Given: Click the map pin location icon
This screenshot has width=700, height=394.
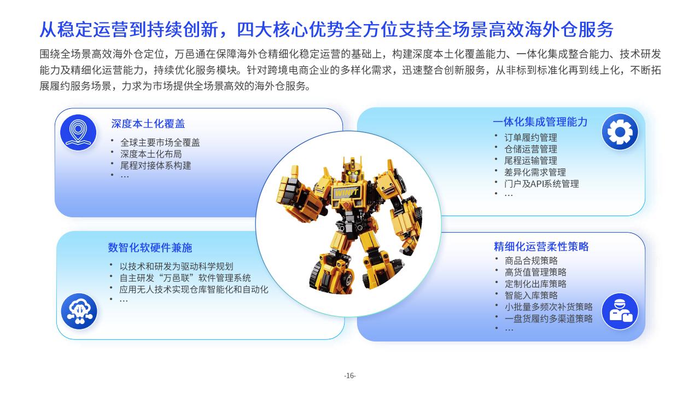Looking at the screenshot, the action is tap(78, 132).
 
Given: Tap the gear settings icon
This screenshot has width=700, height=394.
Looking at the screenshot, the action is tap(620, 132).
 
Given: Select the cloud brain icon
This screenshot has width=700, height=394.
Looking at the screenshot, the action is tap(79, 311).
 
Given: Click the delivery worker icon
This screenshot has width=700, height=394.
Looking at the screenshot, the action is tap(620, 311).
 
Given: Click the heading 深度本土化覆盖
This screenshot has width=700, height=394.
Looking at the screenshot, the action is tap(148, 124).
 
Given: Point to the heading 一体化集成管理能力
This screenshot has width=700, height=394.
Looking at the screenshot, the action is tap(540, 122).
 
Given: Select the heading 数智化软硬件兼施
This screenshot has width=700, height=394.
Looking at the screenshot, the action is tap(150, 248).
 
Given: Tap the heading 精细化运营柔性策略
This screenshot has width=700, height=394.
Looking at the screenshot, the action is tap(541, 246).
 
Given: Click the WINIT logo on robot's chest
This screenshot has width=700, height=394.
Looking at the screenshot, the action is tap(346, 192).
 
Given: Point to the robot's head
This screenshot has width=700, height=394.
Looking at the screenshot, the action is tap(353, 170).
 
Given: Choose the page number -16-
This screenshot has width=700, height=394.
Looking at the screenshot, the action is tap(350, 375).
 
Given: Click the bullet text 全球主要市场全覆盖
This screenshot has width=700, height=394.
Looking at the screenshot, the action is tap(160, 143).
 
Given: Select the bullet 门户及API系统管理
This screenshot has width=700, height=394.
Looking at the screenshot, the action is tap(541, 184).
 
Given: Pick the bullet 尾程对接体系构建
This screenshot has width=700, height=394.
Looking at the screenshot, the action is tap(156, 165).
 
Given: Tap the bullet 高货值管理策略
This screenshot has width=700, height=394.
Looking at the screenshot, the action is tap(535, 273).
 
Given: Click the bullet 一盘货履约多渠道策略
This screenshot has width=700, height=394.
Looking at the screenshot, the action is tap(549, 318).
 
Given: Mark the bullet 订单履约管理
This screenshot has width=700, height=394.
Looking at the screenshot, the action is tap(530, 137).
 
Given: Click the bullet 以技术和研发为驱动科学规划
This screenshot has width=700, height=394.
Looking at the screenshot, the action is tap(177, 266).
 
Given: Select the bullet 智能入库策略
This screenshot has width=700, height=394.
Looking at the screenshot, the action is tap(531, 296).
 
